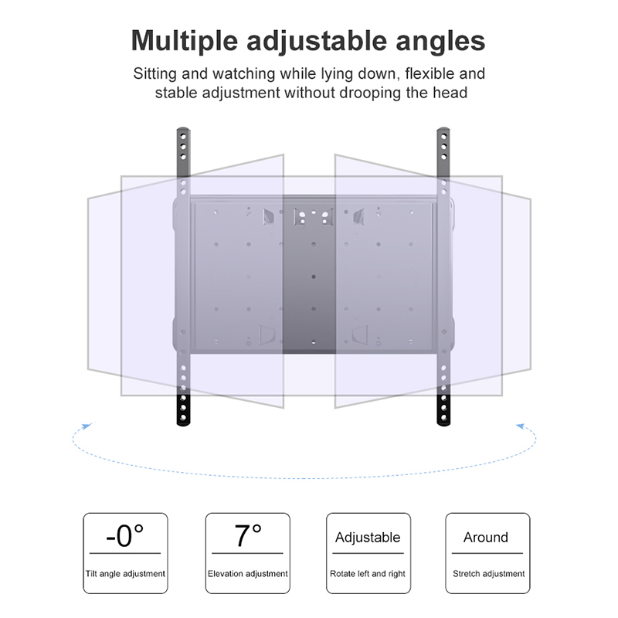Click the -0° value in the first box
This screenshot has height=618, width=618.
[124, 535]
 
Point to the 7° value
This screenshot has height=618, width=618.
[247, 535]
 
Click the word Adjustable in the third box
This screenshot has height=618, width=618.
[368, 538]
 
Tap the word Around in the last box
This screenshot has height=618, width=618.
[486, 538]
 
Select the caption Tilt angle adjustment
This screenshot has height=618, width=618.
[125, 574]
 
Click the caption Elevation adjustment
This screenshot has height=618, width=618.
[247, 574]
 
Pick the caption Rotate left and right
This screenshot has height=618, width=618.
[368, 574]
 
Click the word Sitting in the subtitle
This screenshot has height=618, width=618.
[154, 75]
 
